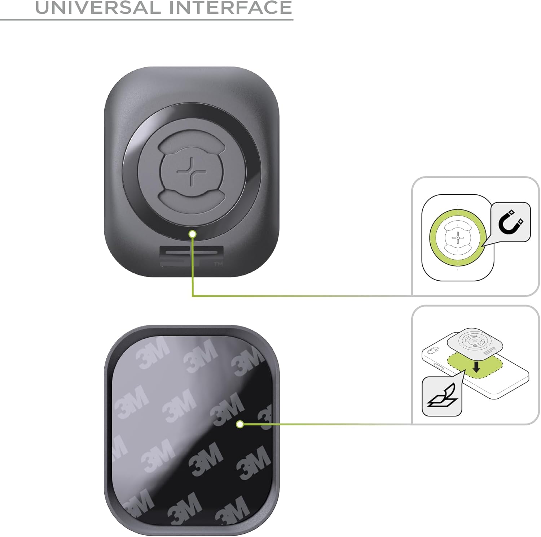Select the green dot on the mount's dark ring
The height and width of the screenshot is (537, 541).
tap(193, 234)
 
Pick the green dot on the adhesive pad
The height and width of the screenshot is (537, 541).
tap(240, 424)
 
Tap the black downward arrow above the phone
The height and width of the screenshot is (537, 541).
tap(476, 367)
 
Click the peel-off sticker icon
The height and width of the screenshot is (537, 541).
tap(442, 395)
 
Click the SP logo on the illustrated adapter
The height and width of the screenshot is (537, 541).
tap(489, 351)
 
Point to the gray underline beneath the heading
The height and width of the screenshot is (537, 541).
tap(146, 19)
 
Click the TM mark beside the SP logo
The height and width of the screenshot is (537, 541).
tap(219, 264)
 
